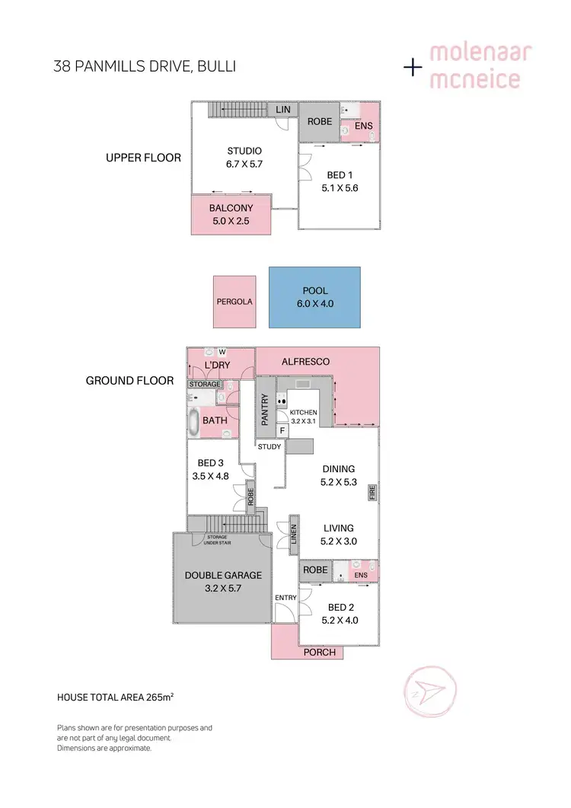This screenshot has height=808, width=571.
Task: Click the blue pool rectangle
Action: coord(314,297)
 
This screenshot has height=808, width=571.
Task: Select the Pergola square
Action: coord(234,302)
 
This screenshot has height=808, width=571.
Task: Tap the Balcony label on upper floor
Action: coord(231,208)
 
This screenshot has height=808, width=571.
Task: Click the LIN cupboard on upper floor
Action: coord(283,110)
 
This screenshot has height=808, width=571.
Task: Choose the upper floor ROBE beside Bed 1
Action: coord(318,122)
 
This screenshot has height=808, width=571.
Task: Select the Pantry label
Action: coord(265,410)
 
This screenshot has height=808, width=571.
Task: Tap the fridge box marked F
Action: coord(282,431)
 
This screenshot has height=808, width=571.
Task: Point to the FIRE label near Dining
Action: coord(373,492)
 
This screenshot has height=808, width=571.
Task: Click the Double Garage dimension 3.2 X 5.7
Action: coord(224,589)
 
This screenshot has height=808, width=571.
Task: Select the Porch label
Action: coord(320,652)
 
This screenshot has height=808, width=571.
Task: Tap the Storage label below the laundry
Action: coord(205,385)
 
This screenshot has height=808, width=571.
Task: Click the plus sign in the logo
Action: coord(413,67)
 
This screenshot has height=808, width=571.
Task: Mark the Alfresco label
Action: coord(305,362)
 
